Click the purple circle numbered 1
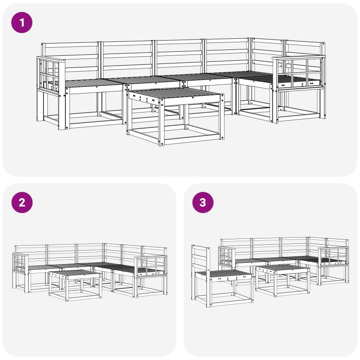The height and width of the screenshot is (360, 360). pos(22,22)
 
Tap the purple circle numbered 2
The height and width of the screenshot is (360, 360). pos(22,202)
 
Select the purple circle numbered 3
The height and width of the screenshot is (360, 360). pos(203,202)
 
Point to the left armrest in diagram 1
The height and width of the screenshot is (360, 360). pos(51,76)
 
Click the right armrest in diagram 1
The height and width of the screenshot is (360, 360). pos(299,72)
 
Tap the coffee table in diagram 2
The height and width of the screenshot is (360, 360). pos(75,285)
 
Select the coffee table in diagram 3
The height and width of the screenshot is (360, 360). pos(283,280)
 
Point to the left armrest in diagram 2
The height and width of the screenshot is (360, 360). pos(21,262)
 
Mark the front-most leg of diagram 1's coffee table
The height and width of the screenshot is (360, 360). pos(162,122)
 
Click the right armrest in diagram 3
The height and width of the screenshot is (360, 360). pos(333,256)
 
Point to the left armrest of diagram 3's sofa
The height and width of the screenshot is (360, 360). pos(227,256)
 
